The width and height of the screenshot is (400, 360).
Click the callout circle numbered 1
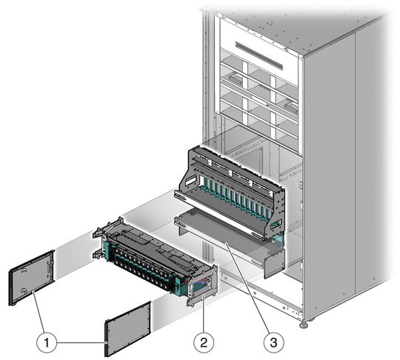(x=47, y=342)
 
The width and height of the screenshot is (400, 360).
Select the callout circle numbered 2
(x=204, y=342)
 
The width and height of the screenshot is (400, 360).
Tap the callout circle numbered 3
(x=273, y=342)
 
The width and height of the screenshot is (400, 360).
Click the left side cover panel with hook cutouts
(x=32, y=277)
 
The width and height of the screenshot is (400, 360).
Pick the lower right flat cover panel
(x=127, y=329)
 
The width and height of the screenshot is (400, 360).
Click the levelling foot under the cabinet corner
(x=303, y=324)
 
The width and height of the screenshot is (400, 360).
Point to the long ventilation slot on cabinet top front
(x=259, y=56)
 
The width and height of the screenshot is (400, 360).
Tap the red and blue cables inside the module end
(x=203, y=282)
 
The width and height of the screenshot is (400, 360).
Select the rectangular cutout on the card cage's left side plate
(x=190, y=181)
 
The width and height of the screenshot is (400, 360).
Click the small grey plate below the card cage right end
(x=275, y=264)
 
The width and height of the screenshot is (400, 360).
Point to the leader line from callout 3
(x=246, y=287)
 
